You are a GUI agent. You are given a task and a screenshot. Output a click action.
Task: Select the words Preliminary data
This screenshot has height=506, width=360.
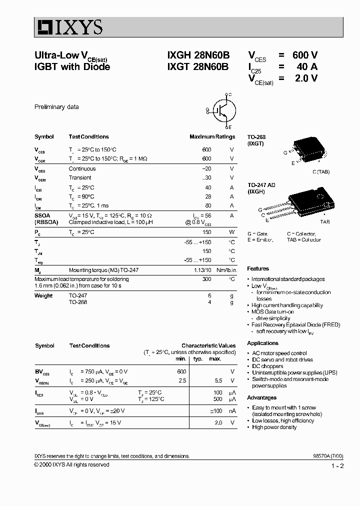click(56, 107)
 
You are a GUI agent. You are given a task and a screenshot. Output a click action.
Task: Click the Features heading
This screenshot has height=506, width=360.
click(258, 268)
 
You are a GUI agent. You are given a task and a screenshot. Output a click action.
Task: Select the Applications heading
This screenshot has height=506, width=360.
click(262, 343)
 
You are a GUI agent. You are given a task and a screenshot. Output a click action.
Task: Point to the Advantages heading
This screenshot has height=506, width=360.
click(261, 397)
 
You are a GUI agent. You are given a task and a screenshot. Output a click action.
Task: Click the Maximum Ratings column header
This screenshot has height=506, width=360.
click(212, 136)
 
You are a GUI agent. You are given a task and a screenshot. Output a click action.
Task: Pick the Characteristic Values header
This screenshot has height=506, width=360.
click(208, 345)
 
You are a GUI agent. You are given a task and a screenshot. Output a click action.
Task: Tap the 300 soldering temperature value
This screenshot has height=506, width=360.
click(206, 279)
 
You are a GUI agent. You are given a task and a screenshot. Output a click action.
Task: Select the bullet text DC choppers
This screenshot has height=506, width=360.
click(267, 366)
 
